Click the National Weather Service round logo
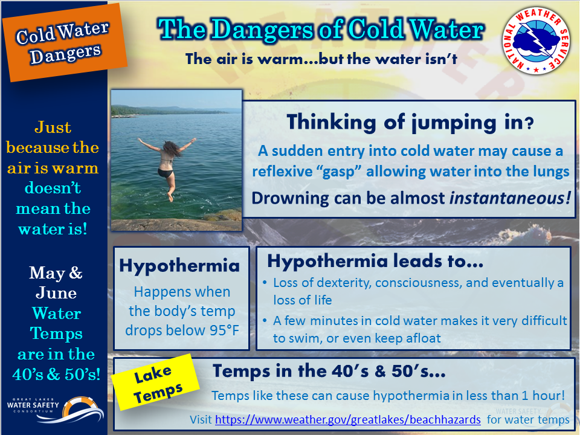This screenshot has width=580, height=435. pos(536,40)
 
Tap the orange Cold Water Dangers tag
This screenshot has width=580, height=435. pos(65,42)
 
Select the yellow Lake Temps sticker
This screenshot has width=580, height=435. pos(156,382)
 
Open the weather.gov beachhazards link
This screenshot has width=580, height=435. pos(348,419)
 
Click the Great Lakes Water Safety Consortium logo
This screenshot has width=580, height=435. pos(56,410)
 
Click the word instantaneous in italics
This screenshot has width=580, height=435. pos(510,198)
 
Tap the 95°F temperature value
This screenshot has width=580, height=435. pos(224,330)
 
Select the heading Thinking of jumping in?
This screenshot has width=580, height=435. pos(410,122)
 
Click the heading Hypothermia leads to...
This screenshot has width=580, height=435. pos(375,261)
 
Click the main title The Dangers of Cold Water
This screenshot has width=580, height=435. pos(321,29)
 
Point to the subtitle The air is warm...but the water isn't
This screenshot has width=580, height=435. pos(321,59)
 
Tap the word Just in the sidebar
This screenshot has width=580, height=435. pos(53,127)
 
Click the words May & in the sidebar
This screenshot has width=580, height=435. pos(56,273)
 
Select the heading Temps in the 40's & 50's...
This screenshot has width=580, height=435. pos(329,370)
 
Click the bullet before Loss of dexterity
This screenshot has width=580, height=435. pos(265,283)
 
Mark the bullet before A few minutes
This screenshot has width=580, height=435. pos(265,321)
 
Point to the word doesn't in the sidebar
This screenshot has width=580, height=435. pos(53,188)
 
